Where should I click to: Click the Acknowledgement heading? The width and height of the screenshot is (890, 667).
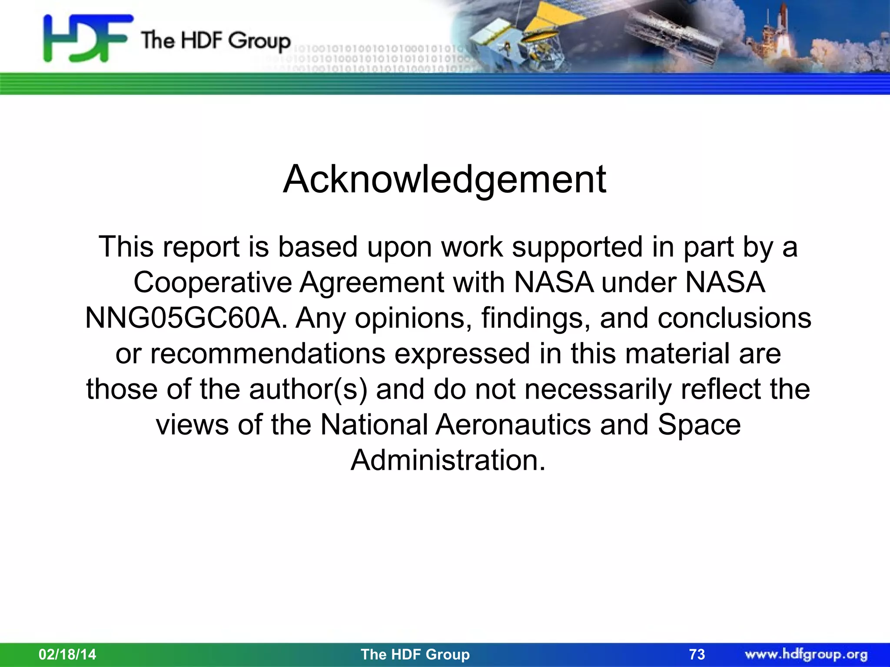pos(444,179)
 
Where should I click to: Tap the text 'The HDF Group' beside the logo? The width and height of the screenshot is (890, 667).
pos(215,41)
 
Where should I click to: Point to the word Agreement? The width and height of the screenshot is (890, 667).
pos(372,283)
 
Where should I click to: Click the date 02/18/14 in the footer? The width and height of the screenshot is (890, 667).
pos(67,654)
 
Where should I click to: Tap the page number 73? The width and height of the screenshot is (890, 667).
pos(697,654)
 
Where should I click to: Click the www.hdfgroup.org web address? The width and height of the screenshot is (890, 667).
pos(806,654)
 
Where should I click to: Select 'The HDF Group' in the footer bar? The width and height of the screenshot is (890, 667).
pos(415,654)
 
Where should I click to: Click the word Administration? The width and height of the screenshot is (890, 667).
pos(448,460)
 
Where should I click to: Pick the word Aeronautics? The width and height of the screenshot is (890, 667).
pos(513,424)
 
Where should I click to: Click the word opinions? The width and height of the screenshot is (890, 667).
pos(413,318)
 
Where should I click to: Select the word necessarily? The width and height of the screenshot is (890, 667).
pos(598,389)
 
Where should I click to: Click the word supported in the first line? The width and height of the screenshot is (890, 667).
pos(577,247)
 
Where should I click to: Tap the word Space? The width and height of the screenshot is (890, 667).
pos(699,424)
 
